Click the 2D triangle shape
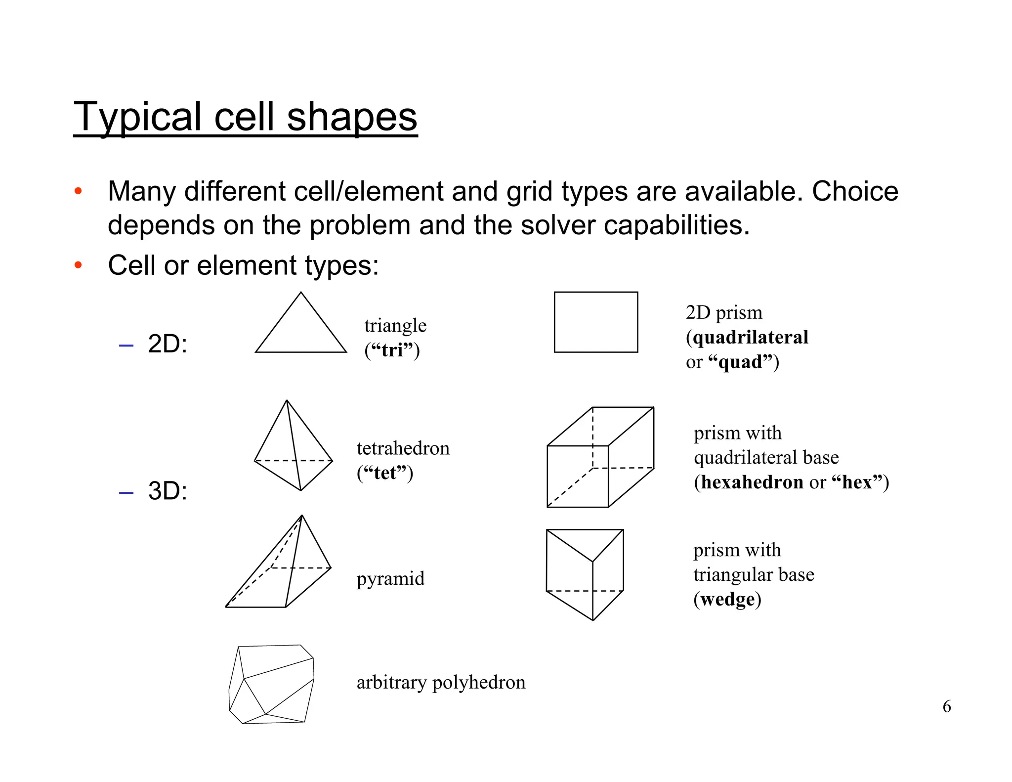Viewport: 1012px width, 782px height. (x=300, y=329)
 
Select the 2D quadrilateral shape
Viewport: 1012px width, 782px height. (x=595, y=322)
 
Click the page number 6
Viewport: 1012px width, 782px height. (x=946, y=706)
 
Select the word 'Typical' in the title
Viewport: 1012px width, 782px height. (x=138, y=117)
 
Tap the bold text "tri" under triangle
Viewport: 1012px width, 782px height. (x=392, y=350)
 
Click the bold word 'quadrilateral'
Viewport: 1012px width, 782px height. (x=750, y=338)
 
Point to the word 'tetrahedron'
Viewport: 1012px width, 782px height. (x=403, y=448)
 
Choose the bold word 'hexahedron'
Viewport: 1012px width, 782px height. (x=752, y=482)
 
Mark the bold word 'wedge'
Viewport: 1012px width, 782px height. (x=727, y=600)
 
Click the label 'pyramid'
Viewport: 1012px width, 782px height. (x=390, y=579)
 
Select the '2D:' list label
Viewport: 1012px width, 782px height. (x=168, y=344)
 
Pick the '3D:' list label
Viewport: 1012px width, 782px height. (x=168, y=491)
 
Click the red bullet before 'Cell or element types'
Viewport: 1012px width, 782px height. (x=78, y=265)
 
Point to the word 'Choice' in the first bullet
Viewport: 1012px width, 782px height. (x=855, y=191)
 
